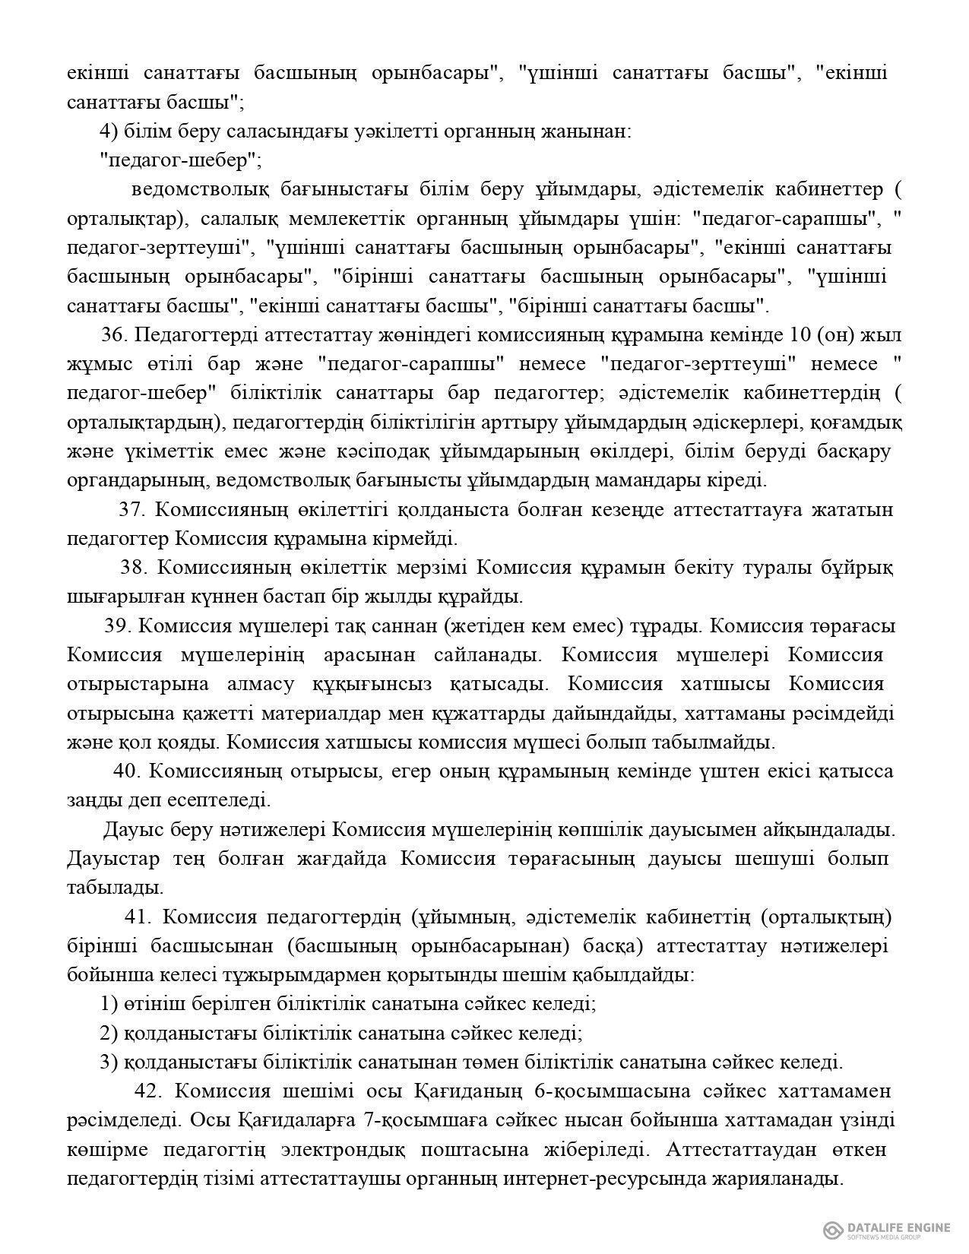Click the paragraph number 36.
pos(114,335)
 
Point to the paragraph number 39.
pos(119,626)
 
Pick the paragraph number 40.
pos(127,771)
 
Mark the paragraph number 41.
pos(138,917)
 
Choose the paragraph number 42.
pos(148,1091)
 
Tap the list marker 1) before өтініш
pos(109,1004)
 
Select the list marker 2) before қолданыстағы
pos(109,1034)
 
